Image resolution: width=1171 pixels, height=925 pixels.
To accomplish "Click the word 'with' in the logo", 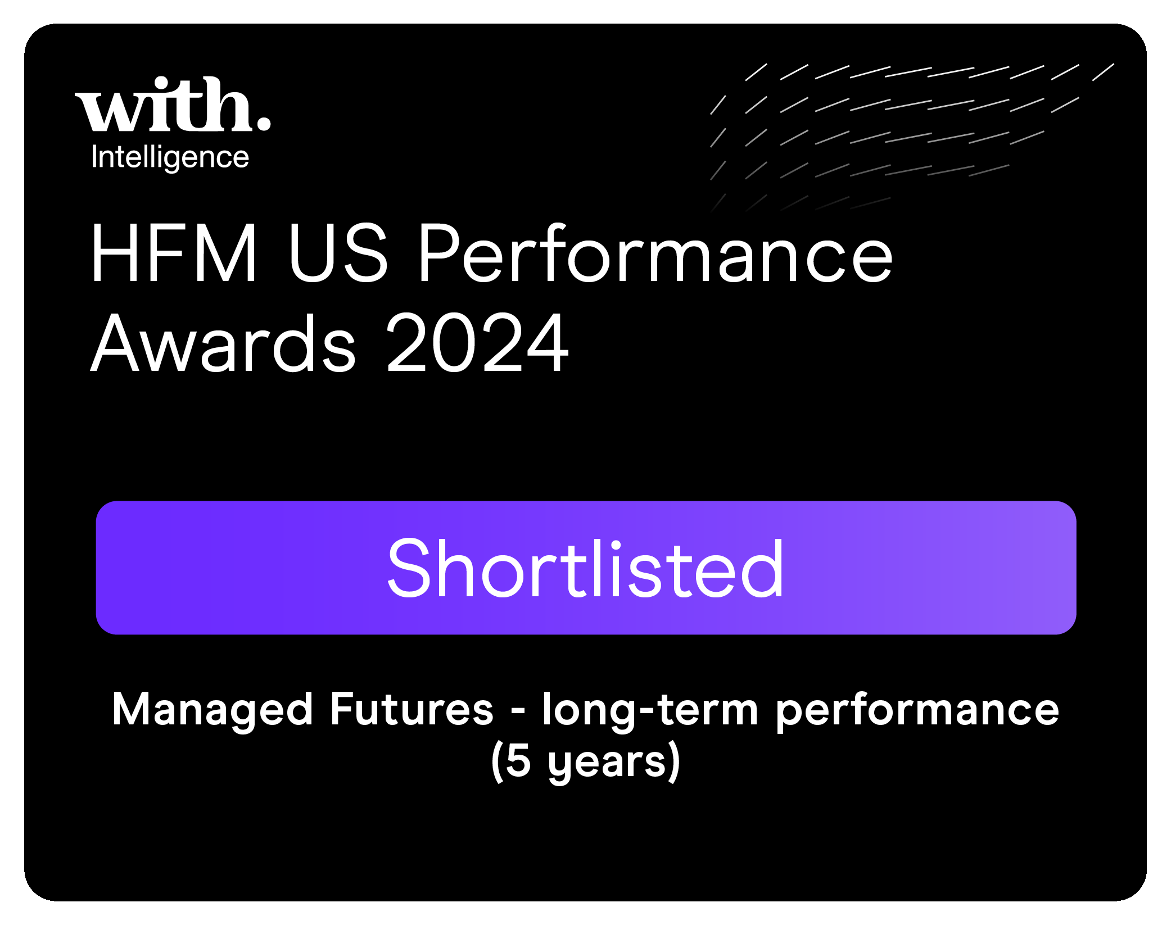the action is (x=163, y=104).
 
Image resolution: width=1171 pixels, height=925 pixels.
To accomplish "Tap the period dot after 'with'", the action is (x=263, y=123).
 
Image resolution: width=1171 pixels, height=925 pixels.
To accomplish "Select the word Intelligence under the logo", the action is (x=170, y=157).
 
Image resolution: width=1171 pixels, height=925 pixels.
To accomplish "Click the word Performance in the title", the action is (x=655, y=252).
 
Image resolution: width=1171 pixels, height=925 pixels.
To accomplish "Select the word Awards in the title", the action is (x=223, y=342).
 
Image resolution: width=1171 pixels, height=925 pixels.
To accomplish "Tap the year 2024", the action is (x=478, y=342).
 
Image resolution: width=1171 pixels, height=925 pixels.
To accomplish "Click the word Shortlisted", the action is (x=585, y=568).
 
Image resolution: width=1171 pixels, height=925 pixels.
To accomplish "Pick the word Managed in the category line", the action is (x=213, y=711).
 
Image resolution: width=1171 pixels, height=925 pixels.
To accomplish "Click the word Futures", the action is (x=412, y=709).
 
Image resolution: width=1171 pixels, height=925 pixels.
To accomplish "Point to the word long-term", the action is (x=650, y=711).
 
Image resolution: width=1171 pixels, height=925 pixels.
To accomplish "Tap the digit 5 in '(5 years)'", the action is (x=518, y=761).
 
